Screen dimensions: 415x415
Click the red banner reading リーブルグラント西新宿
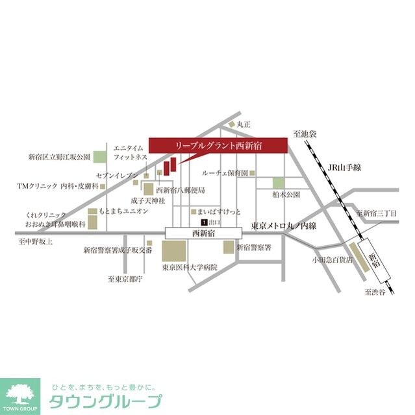(218, 146)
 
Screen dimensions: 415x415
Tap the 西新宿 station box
(203, 232)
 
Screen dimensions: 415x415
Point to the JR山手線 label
(344, 168)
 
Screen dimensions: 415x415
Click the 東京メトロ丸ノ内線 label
(283, 226)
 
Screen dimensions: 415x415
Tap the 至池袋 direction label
(303, 134)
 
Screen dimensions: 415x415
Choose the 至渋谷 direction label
(374, 292)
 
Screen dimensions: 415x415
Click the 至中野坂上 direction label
(36, 241)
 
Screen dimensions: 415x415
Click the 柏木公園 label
(286, 194)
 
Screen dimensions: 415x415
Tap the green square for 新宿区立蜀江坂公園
(99, 157)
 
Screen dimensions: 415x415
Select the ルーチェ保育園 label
(225, 173)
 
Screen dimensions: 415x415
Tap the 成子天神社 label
(145, 202)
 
